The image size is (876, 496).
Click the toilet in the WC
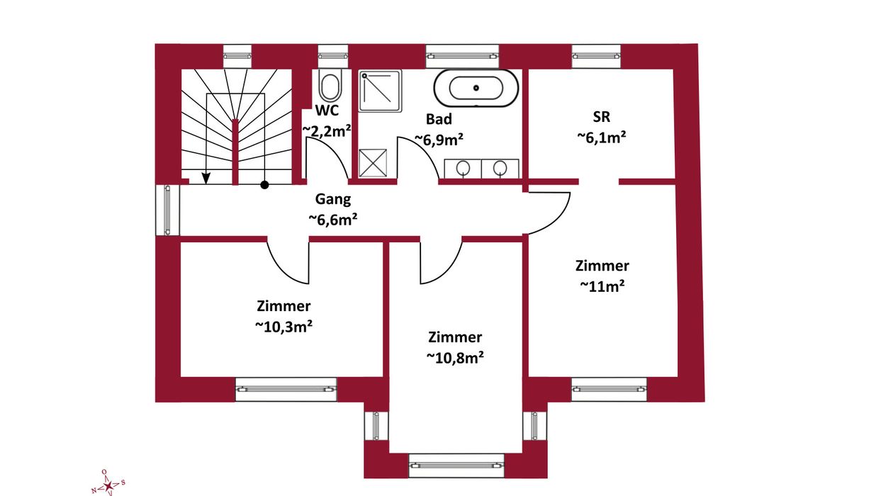pos(330,85)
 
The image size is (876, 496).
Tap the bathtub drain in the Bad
pos(476,88)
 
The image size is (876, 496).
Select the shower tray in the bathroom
pos(380,91)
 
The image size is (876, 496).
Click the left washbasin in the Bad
pos(463,169)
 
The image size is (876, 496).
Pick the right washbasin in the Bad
pos(500,169)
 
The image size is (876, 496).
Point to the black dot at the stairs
pos(265,185)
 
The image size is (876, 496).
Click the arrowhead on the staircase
pos(206,179)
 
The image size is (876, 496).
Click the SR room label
pos(602,116)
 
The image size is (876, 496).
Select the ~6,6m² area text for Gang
pos(333,220)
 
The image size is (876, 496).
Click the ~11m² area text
pos(602,286)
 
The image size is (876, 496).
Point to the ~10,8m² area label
pos(455,358)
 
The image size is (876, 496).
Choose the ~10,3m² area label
pos(283,327)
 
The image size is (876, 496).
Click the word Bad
pos(439,119)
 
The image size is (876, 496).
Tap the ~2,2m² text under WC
pos(327,130)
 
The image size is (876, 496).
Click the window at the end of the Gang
pos(168,210)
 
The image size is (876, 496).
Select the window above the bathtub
pos(462,56)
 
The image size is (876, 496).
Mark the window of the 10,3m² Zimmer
pos(286,389)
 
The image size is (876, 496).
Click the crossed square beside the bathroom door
pos(373,163)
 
